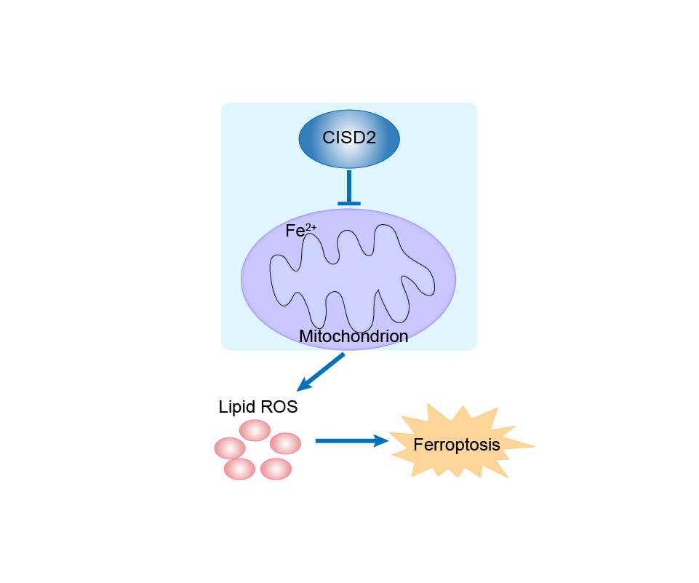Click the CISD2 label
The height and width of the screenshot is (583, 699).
point(349,137)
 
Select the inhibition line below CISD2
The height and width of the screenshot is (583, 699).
point(349,186)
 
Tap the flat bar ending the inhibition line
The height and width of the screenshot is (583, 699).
point(349,203)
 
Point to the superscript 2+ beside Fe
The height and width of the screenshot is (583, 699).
point(311,227)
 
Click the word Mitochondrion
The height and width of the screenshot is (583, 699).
point(354,336)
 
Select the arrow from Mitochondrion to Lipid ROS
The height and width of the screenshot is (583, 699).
point(327,368)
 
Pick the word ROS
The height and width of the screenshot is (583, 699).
point(281,407)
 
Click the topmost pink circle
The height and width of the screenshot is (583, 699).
point(255,430)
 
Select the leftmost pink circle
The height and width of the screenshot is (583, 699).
point(229,448)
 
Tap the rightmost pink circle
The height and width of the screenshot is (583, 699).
point(286,443)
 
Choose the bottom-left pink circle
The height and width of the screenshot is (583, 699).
point(240,468)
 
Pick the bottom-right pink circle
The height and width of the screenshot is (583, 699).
point(276,468)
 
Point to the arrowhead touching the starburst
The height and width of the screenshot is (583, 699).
point(380,440)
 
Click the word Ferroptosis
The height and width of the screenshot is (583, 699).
point(457,445)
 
